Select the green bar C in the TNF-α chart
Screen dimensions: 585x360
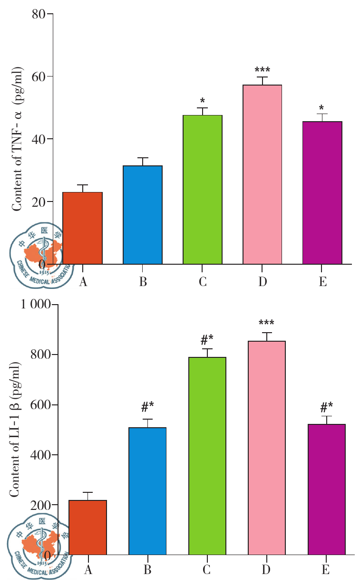pos(203,190)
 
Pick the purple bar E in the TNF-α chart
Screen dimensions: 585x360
pos(322,192)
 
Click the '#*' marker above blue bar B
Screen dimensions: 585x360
pos(147,407)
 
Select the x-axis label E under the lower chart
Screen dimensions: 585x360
pos(327,569)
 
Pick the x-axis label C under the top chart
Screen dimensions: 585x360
pos(203,281)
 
